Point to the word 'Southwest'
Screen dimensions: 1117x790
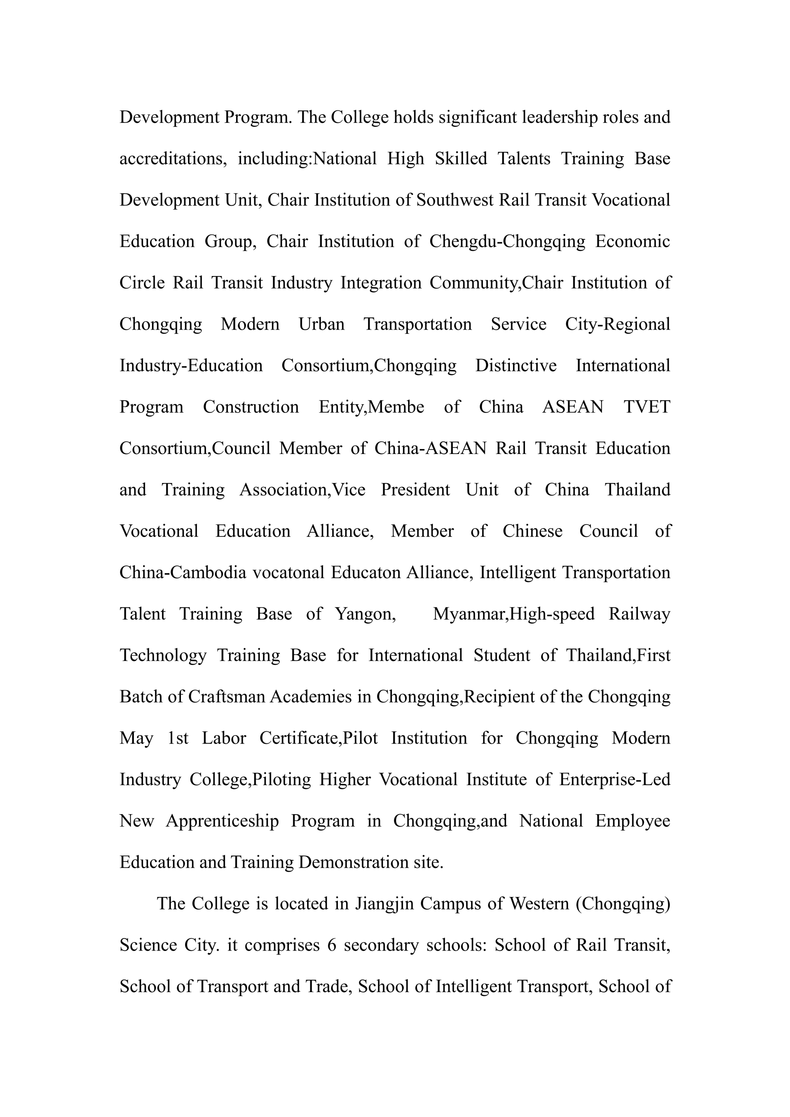454,200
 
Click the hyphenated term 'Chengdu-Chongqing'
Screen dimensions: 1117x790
507,241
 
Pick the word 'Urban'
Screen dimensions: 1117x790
322,324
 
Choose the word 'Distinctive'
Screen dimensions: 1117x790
516,365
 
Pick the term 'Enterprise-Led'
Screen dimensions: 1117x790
614,780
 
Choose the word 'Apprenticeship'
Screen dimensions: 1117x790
222,821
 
